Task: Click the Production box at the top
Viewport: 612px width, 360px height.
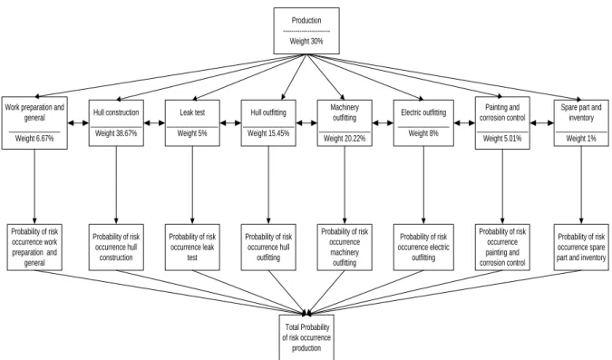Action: pos(306,31)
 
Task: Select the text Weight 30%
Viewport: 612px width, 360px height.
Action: pos(306,41)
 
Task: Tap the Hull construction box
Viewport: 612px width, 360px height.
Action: pos(116,123)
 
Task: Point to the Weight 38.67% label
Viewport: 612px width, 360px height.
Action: pos(116,133)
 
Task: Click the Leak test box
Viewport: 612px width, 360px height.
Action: pos(192,123)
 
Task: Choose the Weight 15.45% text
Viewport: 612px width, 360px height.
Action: pos(268,133)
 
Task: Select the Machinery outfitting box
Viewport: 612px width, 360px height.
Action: pos(345,123)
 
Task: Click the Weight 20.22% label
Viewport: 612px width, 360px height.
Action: pos(345,139)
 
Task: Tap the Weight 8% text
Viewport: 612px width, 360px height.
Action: pos(423,133)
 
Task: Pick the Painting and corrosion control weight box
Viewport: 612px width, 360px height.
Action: pos(502,123)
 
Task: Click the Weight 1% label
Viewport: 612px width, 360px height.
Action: pos(581,139)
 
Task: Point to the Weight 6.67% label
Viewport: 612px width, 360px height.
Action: pos(34,139)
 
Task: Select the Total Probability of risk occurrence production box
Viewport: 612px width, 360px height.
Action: pos(306,337)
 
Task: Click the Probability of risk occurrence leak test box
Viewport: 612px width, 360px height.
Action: pos(192,248)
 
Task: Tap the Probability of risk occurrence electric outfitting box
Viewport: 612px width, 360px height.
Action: pos(423,248)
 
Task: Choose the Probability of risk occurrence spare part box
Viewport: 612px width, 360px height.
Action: pos(581,248)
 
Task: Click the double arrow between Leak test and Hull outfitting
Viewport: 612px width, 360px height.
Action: pos(230,123)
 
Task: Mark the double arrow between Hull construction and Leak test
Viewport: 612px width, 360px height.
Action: pos(154,123)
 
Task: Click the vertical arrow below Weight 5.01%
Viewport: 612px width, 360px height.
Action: pos(502,187)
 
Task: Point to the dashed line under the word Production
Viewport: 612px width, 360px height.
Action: pos(306,31)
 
